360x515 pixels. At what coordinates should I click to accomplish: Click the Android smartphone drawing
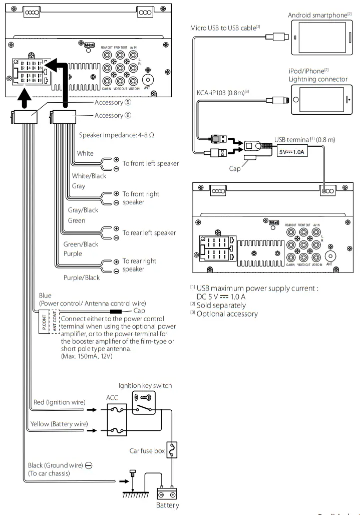click(322, 38)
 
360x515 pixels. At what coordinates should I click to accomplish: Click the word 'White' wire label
click(85, 153)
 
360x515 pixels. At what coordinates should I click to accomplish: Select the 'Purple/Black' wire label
click(82, 278)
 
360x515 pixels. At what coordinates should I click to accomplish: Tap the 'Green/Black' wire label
click(81, 244)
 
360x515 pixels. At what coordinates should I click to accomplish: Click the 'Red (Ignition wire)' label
click(60, 402)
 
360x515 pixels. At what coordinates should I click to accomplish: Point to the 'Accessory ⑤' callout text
click(113, 102)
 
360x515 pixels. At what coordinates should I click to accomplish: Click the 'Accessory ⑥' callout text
click(113, 115)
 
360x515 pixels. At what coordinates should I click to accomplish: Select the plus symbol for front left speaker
click(116, 160)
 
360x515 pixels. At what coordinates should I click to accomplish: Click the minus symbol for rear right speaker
click(116, 271)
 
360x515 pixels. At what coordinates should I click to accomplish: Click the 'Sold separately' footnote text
click(221, 305)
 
